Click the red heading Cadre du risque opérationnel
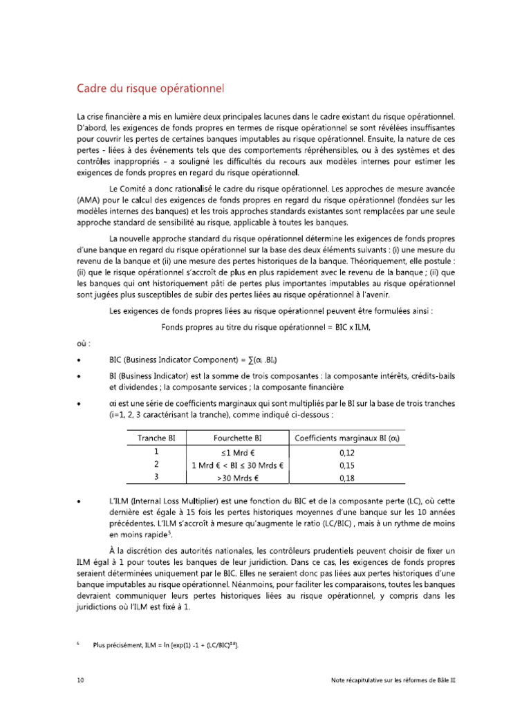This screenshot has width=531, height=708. [150, 89]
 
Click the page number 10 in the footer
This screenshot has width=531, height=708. [80, 680]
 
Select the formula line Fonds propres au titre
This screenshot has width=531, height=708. [265, 327]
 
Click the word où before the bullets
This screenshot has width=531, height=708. [83, 343]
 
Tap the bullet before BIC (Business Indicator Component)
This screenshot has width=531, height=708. [82, 360]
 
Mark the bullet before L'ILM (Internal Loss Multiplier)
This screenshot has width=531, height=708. [82, 499]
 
